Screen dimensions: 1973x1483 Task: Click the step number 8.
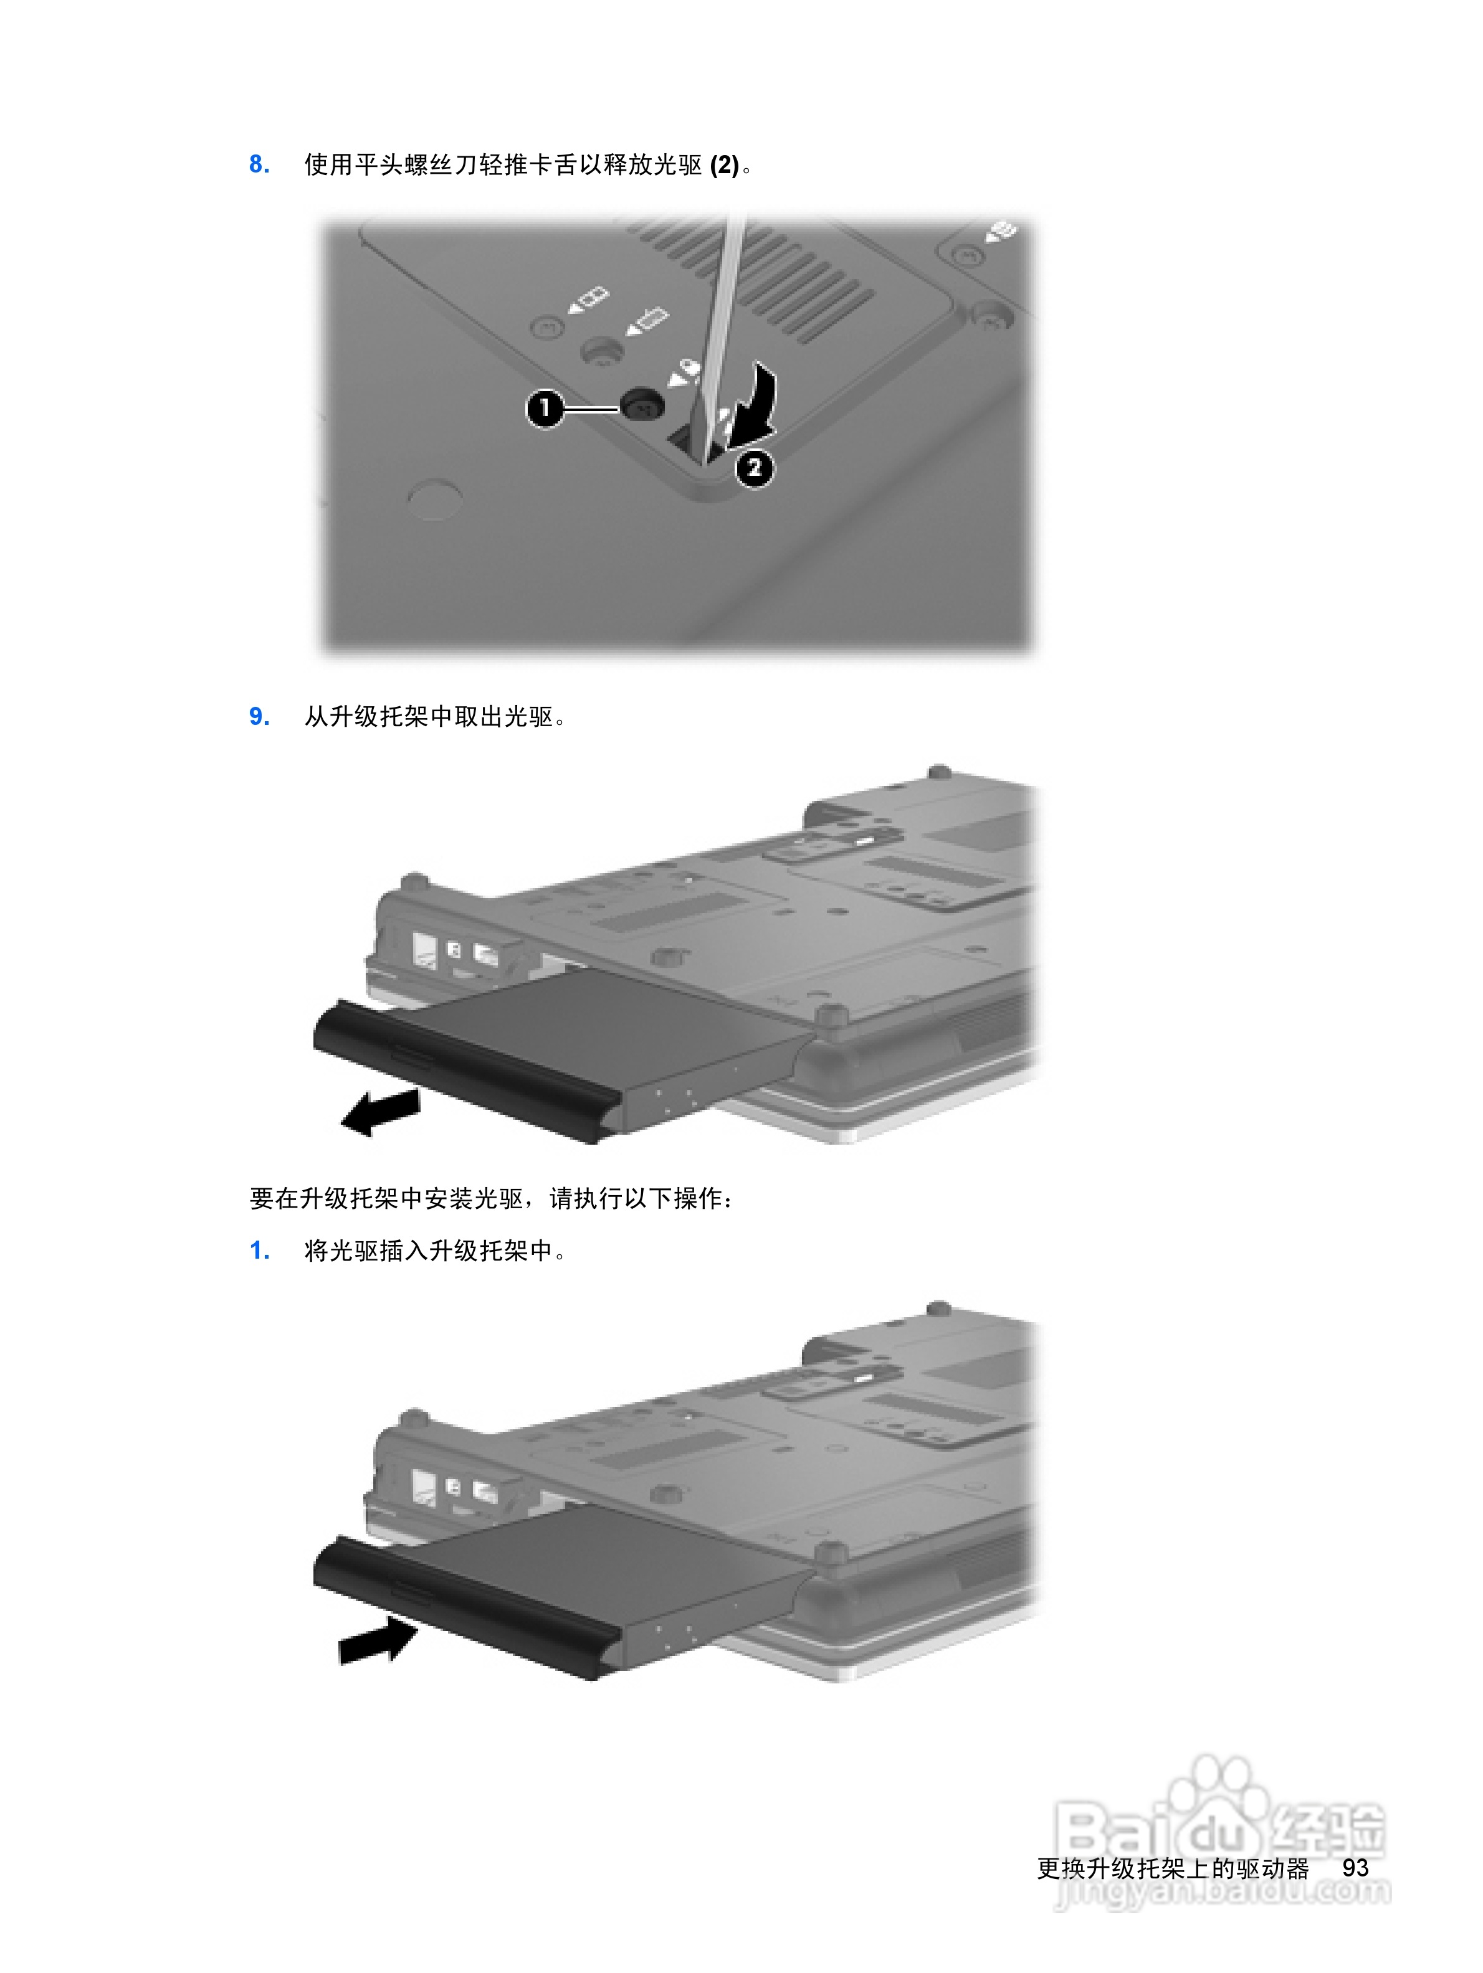pos(259,164)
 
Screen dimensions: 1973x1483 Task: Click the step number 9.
pos(259,717)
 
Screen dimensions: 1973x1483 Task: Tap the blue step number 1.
pos(259,1251)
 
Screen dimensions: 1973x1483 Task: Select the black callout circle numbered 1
pos(545,409)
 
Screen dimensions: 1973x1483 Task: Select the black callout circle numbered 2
pos(754,467)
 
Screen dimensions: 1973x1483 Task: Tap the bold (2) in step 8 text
pos(723,165)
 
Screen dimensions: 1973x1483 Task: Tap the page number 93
pos(1355,1867)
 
